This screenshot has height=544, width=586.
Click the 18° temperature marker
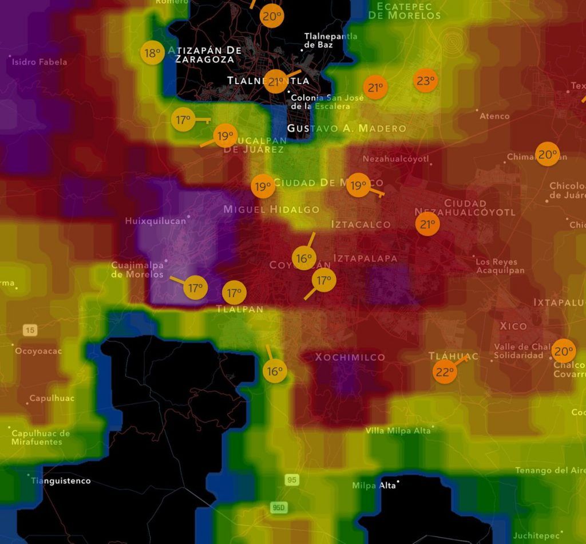coord(152,53)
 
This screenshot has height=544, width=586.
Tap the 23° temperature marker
coord(425,81)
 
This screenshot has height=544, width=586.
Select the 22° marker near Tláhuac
coord(445,372)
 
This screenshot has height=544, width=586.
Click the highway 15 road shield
coord(30,330)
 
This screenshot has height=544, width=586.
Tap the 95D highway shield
coord(278,507)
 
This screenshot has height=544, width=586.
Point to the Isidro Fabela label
coord(39,62)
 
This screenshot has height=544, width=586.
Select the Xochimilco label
coord(350,357)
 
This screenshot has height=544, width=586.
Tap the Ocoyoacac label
coord(38,351)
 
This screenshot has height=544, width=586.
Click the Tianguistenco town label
coord(61,481)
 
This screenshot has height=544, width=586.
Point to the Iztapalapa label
coord(365,258)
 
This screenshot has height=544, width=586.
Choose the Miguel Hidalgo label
coord(271,209)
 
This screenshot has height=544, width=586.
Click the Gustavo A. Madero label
coord(346,128)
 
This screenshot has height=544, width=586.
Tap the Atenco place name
coord(494,116)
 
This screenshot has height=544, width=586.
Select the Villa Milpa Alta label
coord(398,431)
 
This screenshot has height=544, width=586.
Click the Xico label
coord(513,326)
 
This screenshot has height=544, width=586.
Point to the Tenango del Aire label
coord(551,471)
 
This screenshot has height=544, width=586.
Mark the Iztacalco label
coord(361,224)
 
